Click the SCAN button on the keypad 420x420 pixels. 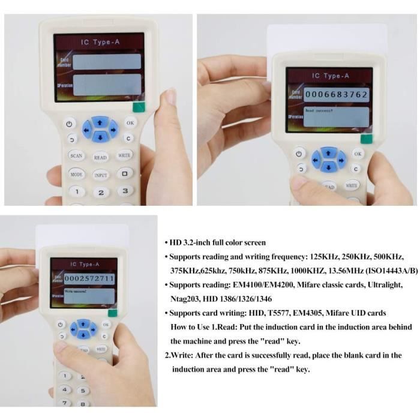point(76,155)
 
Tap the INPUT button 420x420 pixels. point(101,175)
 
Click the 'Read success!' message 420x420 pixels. point(319,111)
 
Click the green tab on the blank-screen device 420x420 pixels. point(139,108)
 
